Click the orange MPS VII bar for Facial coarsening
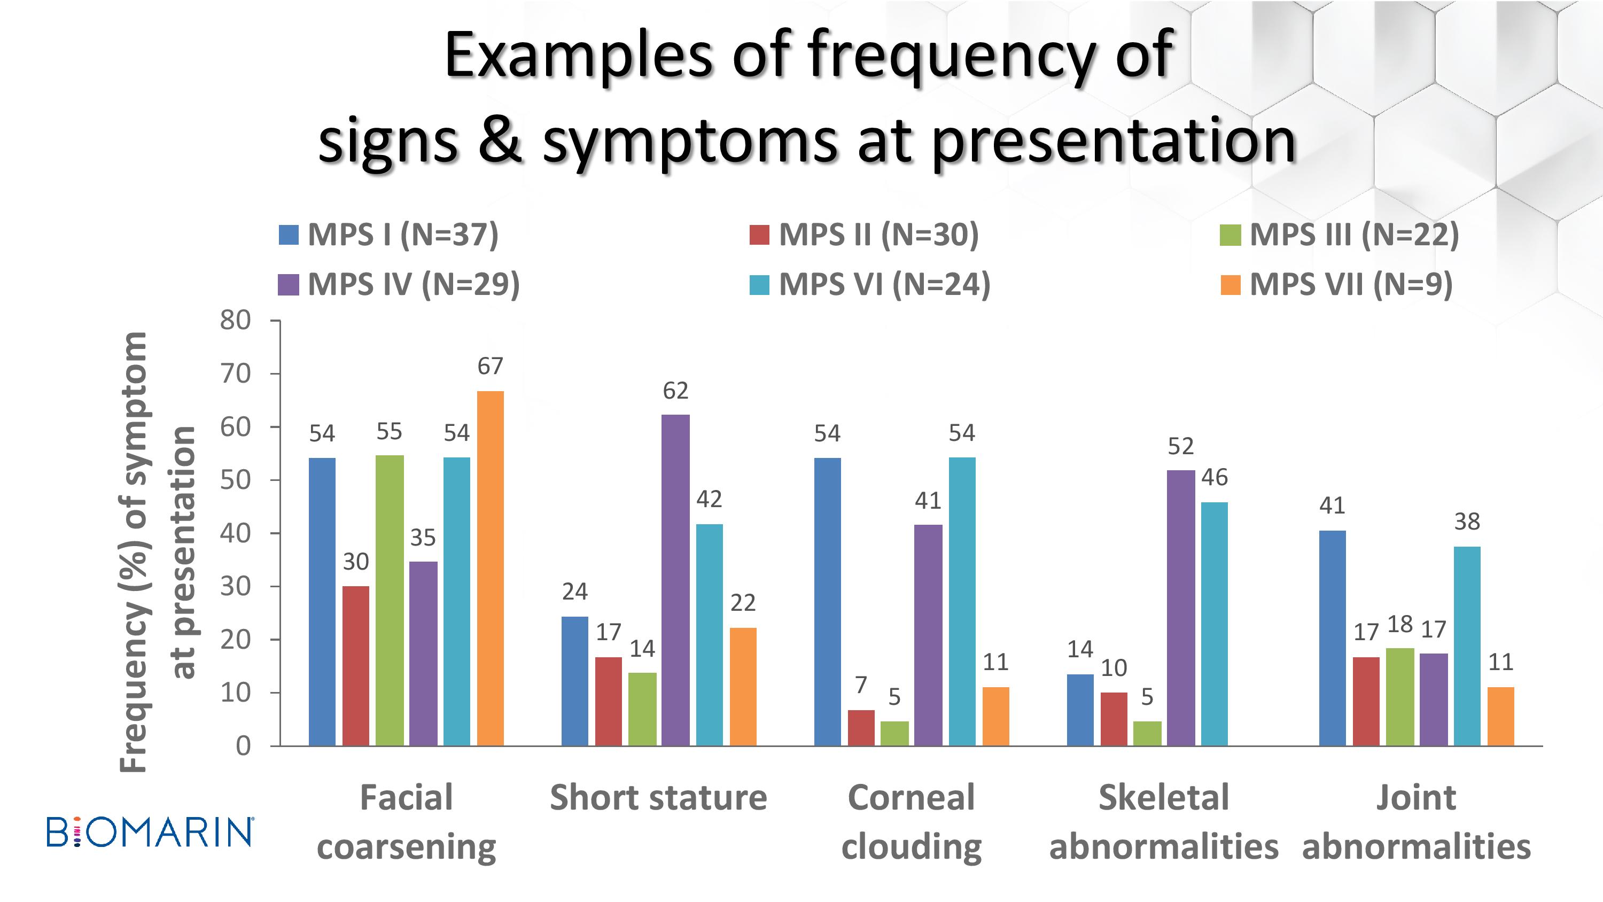tap(491, 569)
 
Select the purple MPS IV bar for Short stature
tap(676, 580)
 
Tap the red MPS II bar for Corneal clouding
tap(861, 728)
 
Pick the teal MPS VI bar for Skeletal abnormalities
tap(1215, 624)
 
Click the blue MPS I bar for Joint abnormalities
tap(1332, 638)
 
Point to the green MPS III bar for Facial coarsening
tap(390, 600)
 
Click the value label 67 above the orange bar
tap(491, 366)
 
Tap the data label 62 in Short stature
tap(676, 390)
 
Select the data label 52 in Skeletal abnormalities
tap(1181, 446)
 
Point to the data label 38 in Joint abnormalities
tap(1467, 522)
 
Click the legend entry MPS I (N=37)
tap(388, 235)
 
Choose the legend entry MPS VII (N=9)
tap(1336, 284)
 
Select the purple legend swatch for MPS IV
tap(288, 285)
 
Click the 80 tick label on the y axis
tap(235, 320)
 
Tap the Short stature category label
tap(658, 798)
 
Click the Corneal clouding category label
tap(912, 822)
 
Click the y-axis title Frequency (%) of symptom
tap(134, 553)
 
